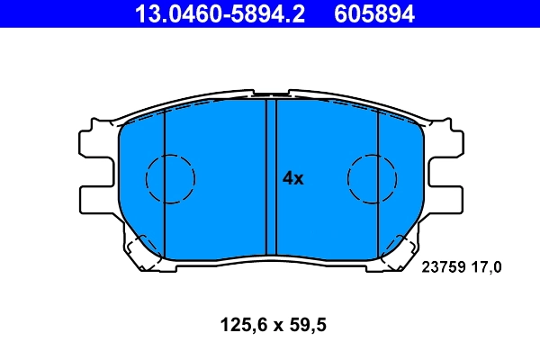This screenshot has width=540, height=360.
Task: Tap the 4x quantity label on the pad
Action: (293, 178)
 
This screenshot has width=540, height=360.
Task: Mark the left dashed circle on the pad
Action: (170, 178)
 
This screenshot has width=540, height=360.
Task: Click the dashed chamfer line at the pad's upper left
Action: (144, 117)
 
